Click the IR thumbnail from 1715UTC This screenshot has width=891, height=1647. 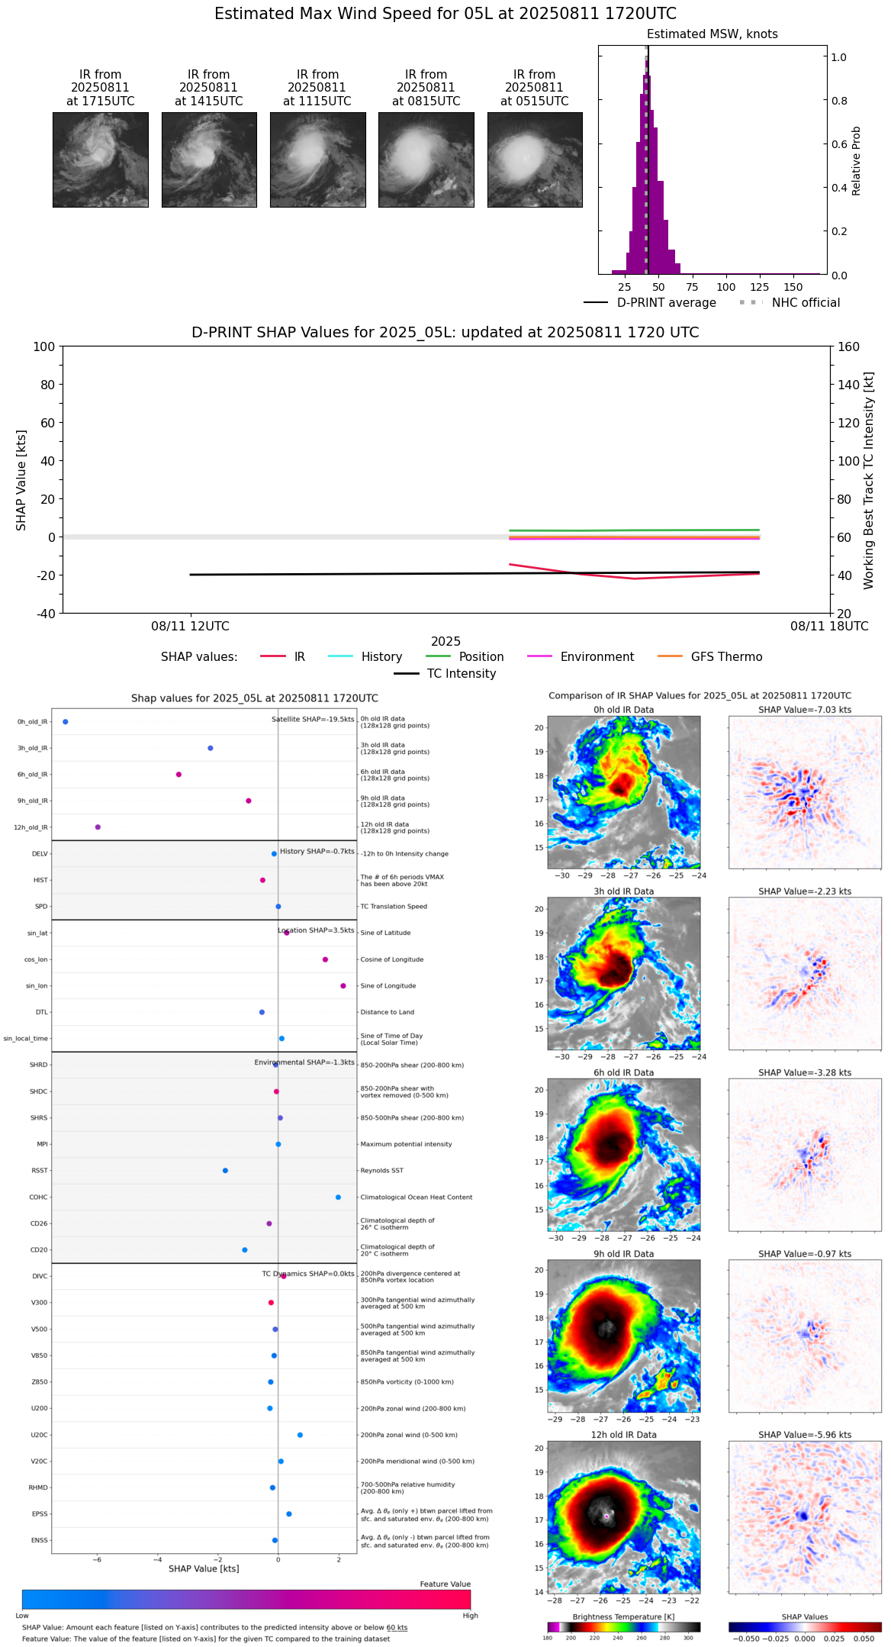click(x=100, y=160)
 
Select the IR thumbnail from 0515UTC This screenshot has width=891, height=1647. click(x=535, y=160)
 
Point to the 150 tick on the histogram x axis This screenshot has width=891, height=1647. click(x=793, y=288)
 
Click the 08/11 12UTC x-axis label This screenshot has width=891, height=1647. click(x=190, y=627)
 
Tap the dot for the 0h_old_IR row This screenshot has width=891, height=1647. click(x=66, y=722)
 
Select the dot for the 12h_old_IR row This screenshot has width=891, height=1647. click(x=98, y=827)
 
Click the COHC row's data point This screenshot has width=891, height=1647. click(x=339, y=1197)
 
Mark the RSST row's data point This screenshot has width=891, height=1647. click(x=225, y=1171)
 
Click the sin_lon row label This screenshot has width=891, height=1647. click(x=37, y=986)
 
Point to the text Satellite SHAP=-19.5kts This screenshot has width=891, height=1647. click(x=313, y=720)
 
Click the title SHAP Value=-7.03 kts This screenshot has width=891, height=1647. click(x=805, y=710)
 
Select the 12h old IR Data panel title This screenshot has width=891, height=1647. click(x=623, y=1435)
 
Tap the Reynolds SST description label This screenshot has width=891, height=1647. click(x=381, y=1171)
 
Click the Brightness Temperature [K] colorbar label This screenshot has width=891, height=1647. click(x=623, y=1616)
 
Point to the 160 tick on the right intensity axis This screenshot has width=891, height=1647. click(x=848, y=347)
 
